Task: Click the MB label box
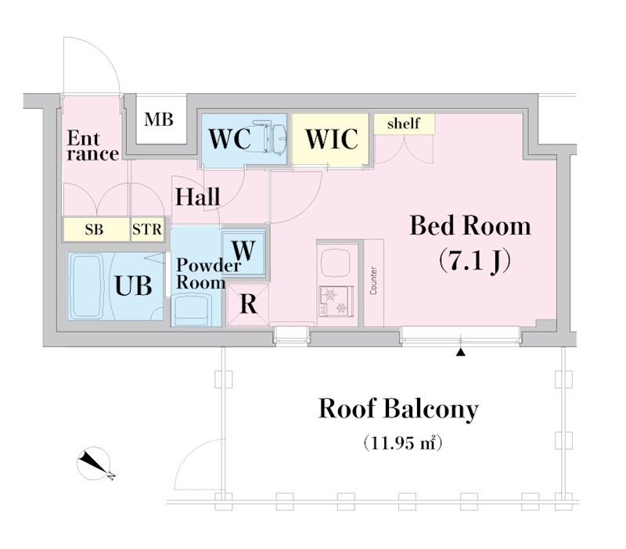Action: tap(160, 120)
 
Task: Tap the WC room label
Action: tap(230, 139)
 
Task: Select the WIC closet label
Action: tap(331, 139)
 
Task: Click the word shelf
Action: tap(403, 124)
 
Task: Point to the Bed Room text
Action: tap(470, 226)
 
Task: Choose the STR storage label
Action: tap(147, 230)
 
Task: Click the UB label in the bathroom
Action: tap(134, 285)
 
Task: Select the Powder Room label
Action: tap(207, 274)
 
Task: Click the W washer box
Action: tap(244, 251)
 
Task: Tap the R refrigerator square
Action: tap(248, 303)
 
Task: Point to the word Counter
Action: tap(374, 280)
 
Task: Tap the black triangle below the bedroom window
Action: tap(461, 353)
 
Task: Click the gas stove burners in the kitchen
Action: tap(335, 301)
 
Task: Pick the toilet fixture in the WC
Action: tap(275, 139)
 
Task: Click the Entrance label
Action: tap(92, 146)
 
